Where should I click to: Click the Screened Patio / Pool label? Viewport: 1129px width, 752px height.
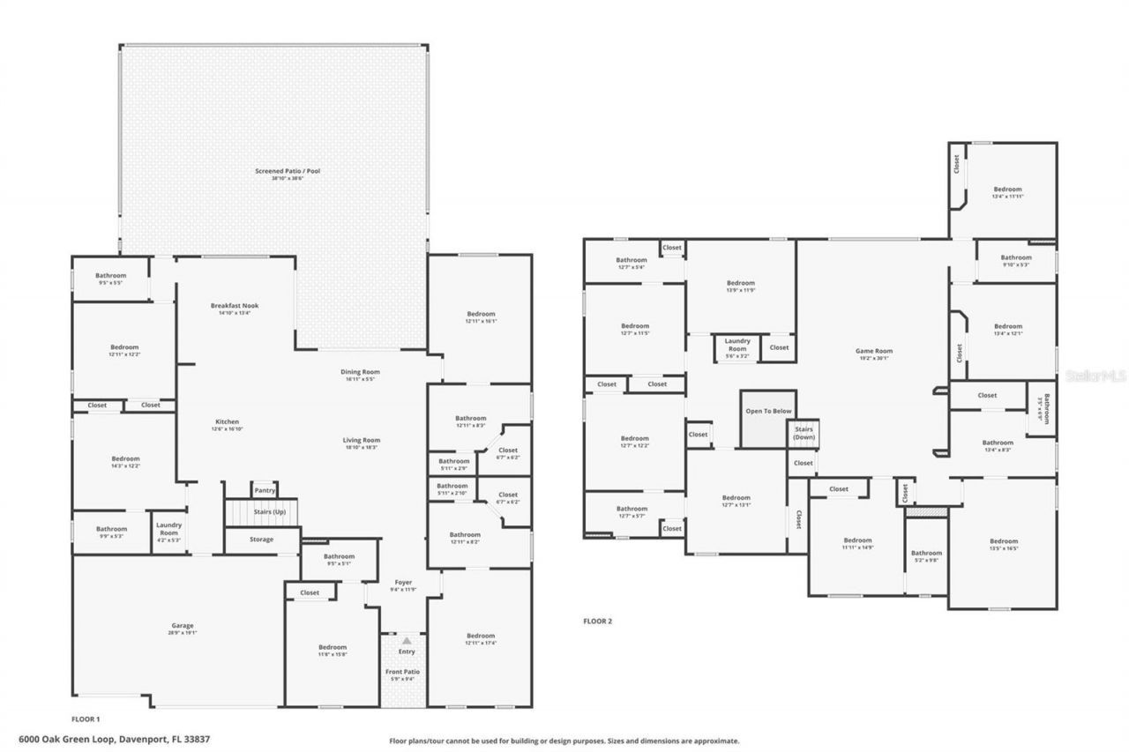click(275, 171)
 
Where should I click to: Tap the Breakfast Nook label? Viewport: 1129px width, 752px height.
click(235, 306)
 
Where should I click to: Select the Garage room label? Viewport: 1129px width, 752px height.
click(183, 626)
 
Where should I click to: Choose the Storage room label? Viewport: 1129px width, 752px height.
click(261, 539)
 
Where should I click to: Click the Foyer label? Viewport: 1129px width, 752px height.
click(402, 583)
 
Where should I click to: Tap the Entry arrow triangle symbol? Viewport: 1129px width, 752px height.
click(407, 642)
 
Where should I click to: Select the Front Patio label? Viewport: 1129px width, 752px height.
click(403, 672)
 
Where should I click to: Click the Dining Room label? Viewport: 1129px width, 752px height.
click(360, 372)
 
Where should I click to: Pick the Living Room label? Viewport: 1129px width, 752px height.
click(362, 440)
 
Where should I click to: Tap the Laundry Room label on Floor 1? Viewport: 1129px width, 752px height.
click(168, 529)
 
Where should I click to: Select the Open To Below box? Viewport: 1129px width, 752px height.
click(768, 411)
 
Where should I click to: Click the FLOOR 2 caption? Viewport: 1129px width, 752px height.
click(597, 621)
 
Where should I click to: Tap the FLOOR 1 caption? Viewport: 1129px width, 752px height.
click(86, 718)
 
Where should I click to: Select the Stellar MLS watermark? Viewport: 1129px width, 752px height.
click(1095, 376)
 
